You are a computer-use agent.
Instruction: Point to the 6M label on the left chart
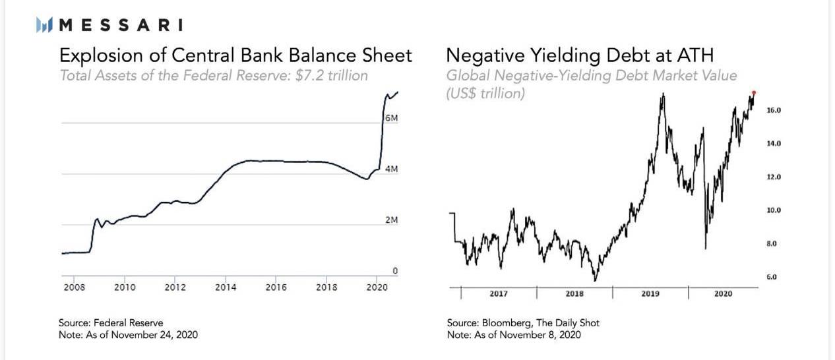(x=391, y=118)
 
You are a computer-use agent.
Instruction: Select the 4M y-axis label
(x=391, y=169)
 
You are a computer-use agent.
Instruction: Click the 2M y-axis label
(x=391, y=220)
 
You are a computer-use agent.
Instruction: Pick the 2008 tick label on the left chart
(x=75, y=287)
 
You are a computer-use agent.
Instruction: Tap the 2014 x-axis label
(x=226, y=287)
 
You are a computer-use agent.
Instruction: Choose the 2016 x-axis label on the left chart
(x=276, y=287)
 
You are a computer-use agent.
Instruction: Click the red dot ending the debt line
(x=754, y=92)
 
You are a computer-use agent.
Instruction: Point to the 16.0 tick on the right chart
(x=774, y=111)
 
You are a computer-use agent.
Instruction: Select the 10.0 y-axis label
(x=774, y=210)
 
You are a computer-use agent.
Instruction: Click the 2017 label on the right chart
(x=499, y=293)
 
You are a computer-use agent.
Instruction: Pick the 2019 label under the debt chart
(x=650, y=293)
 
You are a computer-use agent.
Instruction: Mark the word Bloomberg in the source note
(x=508, y=323)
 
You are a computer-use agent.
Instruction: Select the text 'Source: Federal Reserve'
(x=111, y=323)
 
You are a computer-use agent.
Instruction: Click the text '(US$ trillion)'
(x=485, y=93)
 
